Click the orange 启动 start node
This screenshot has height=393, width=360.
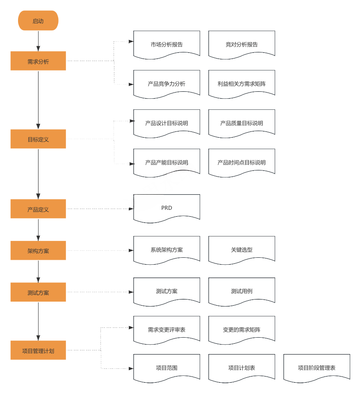pyautogui.click(x=38, y=21)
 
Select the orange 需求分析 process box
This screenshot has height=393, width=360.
pyautogui.click(x=38, y=61)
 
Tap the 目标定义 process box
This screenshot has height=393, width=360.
pyautogui.click(x=38, y=139)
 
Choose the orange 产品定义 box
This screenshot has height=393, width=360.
pyautogui.click(x=38, y=209)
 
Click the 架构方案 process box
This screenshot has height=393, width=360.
pyautogui.click(x=38, y=250)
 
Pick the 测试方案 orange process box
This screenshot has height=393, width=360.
pyautogui.click(x=38, y=292)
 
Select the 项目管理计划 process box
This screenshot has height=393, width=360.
pyautogui.click(x=38, y=350)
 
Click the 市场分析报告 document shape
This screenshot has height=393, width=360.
pyautogui.click(x=166, y=44)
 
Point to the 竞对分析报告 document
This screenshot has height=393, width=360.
pyautogui.click(x=242, y=44)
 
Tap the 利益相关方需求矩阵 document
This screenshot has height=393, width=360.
pyautogui.click(x=242, y=83)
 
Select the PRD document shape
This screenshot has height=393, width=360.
pyautogui.click(x=166, y=207)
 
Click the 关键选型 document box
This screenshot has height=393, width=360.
pyautogui.click(x=242, y=249)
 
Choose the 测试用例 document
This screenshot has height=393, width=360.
pyautogui.click(x=242, y=291)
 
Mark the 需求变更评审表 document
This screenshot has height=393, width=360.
pyautogui.click(x=166, y=329)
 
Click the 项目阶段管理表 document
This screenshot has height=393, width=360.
pyautogui.click(x=317, y=368)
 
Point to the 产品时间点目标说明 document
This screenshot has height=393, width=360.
pyautogui.click(x=242, y=162)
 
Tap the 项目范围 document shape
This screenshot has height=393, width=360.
pyautogui.click(x=166, y=368)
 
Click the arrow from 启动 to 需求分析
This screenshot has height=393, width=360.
pyautogui.click(x=38, y=41)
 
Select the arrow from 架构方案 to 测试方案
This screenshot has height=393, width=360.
pyautogui.click(x=38, y=271)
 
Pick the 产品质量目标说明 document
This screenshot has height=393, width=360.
pyautogui.click(x=242, y=123)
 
